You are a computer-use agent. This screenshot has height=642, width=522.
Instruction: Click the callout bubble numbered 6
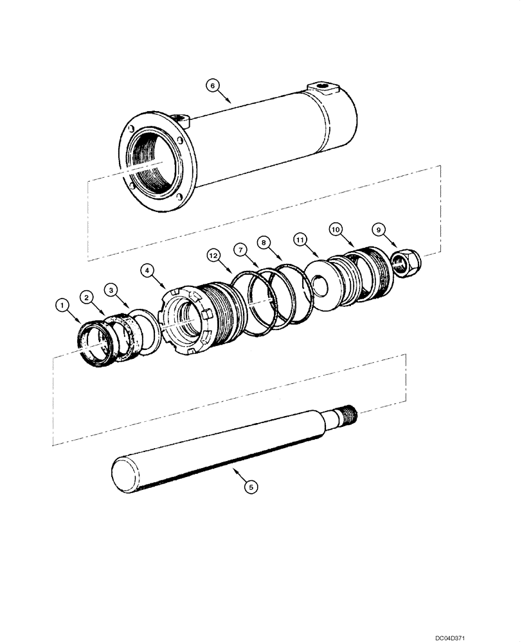click(213, 84)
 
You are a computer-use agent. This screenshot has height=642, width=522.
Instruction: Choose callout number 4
click(148, 271)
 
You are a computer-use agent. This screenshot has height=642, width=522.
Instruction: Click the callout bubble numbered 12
click(213, 256)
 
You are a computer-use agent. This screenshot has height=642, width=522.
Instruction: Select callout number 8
click(264, 242)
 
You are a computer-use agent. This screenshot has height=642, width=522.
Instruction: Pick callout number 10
click(336, 228)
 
